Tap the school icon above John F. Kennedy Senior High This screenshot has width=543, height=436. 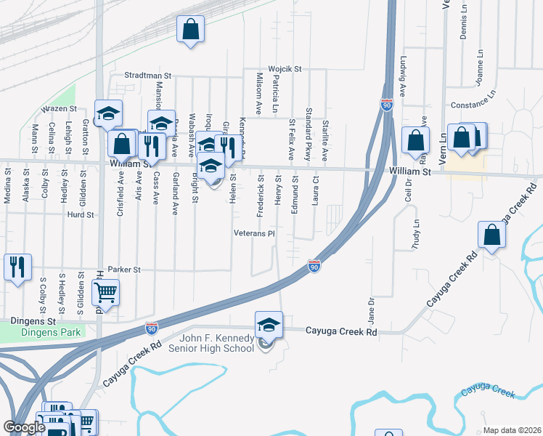269,324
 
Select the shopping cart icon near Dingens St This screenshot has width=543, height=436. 106,293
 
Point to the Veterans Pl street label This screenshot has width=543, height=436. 253,234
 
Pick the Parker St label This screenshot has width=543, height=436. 123,269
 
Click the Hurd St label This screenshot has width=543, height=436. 81,215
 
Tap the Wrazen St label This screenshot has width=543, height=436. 59,108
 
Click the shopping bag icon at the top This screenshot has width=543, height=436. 190,31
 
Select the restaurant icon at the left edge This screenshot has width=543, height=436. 17,267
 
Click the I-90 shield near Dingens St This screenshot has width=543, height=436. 151,328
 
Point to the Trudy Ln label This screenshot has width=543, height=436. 417,234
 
